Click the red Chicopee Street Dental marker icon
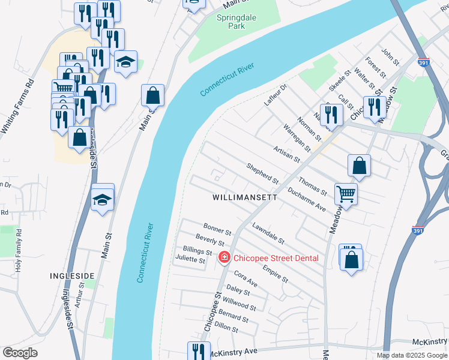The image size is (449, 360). coord(224,258)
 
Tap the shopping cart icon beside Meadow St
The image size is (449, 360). coord(345,194)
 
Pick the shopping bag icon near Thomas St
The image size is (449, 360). coord(358,166)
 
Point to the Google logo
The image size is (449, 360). coord(20,353)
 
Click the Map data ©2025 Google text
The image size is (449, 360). coord(411,355)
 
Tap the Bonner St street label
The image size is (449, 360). coord(217,229)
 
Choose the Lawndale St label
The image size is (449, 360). coord(268,233)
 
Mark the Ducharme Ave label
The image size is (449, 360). coord(306,199)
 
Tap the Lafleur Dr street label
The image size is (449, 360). coord(276,95)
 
